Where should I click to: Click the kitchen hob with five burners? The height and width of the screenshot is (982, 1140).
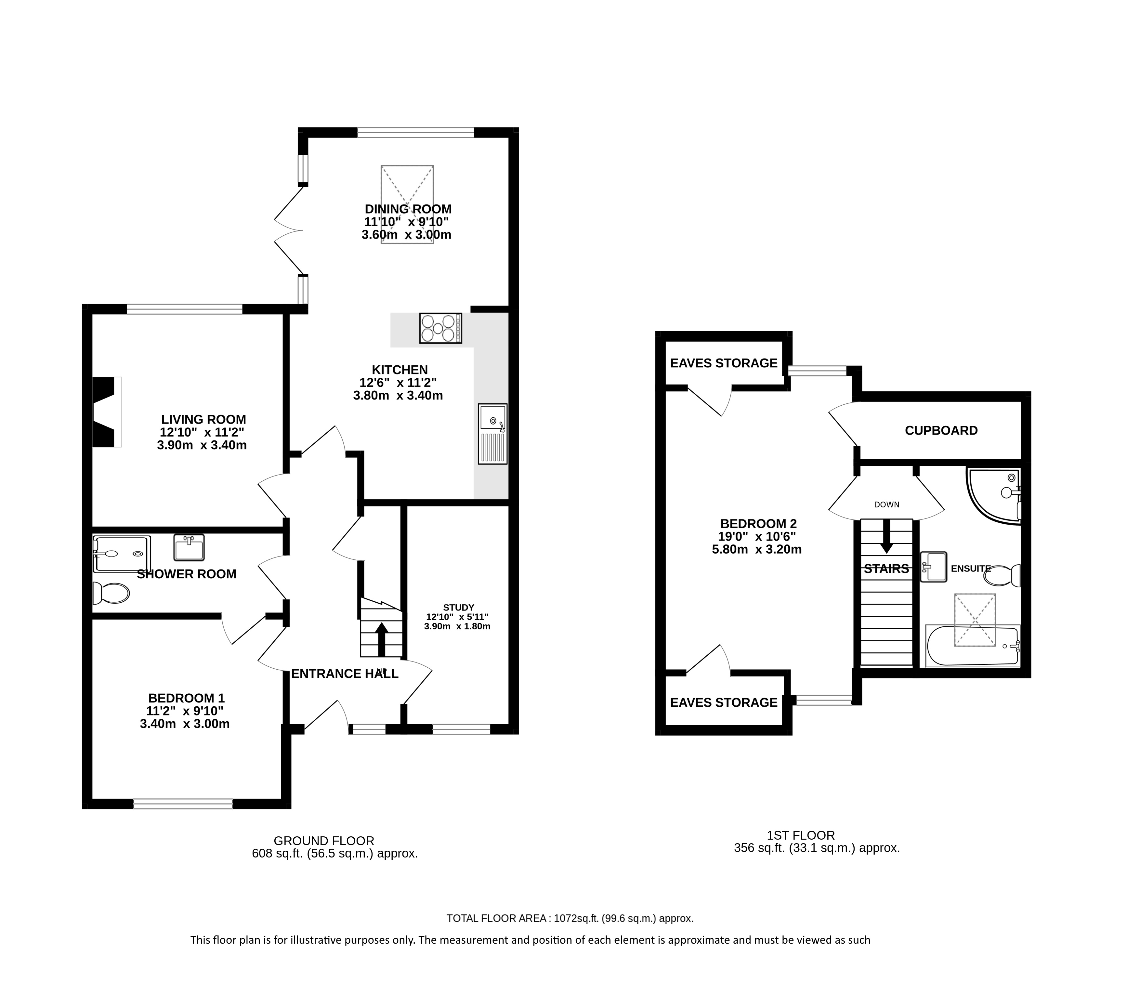440,328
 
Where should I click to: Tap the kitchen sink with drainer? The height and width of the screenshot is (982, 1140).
492,434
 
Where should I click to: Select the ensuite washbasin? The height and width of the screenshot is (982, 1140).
933,567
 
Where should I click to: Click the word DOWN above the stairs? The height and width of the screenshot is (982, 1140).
886,504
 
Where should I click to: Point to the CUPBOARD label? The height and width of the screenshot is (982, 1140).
941,431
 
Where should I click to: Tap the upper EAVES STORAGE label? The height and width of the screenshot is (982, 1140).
724,363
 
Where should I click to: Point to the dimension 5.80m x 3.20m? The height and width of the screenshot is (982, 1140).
756,549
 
